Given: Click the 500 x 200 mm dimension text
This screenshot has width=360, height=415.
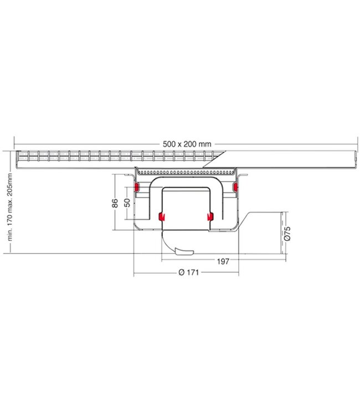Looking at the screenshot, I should (x=187, y=144).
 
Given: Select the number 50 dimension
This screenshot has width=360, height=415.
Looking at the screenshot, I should (x=127, y=203).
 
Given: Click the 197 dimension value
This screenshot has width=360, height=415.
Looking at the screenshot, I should (x=223, y=262).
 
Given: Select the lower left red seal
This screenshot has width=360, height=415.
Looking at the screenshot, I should (x=162, y=216).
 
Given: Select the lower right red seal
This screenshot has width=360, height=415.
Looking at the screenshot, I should (x=210, y=216).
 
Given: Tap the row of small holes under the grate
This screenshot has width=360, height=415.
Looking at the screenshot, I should (x=186, y=173).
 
